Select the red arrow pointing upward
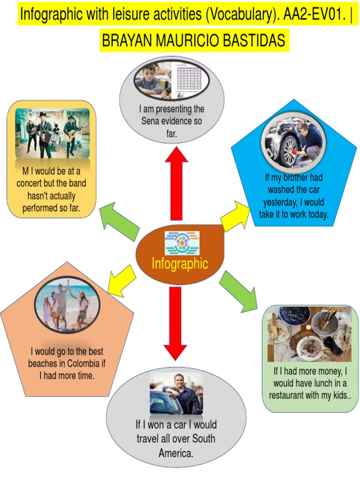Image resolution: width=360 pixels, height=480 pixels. click(176, 183)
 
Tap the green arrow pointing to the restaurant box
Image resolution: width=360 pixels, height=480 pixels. click(240, 292)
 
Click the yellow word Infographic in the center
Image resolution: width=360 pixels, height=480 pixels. click(180, 263)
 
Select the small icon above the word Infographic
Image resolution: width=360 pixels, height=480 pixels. click(182, 243)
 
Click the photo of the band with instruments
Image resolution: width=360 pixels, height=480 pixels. click(52, 134)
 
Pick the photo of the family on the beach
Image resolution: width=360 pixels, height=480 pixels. click(67, 303)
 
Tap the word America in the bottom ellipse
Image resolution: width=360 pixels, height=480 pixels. click(176, 453)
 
